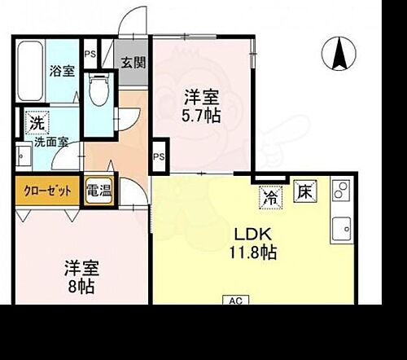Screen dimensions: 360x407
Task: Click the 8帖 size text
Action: tap(79, 287)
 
